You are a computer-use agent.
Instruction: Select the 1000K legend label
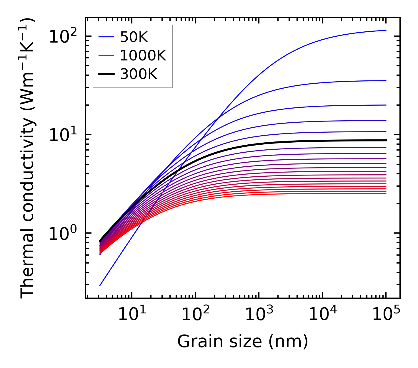143,55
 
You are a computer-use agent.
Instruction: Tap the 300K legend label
139,74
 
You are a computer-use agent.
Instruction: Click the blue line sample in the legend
106,37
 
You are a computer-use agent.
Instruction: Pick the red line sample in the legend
106,55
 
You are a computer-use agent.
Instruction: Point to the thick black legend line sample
106,74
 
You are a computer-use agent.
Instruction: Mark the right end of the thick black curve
386,140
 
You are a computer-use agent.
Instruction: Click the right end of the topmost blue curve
386,30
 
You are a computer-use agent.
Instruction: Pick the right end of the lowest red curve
386,193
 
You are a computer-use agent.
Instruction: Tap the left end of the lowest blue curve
100,285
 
